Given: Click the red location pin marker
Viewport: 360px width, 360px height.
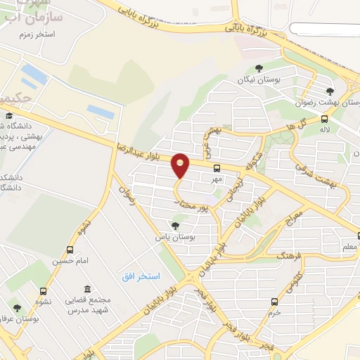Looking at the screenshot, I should pyautogui.click(x=181, y=165).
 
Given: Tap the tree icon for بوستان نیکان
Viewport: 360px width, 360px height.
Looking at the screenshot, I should pyautogui.click(x=259, y=68).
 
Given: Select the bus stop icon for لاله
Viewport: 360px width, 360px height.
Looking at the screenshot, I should pyautogui.click(x=324, y=119).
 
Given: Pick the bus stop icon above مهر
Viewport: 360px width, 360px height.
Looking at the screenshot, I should pyautogui.click(x=217, y=168).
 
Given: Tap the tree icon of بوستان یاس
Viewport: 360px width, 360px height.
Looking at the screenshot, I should pyautogui.click(x=175, y=226).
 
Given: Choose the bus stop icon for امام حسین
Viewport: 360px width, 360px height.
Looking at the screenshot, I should pyautogui.click(x=70, y=250).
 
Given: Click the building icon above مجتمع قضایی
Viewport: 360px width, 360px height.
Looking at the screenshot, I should pyautogui.click(x=86, y=290).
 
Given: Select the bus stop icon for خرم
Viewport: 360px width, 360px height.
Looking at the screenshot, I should pyautogui.click(x=275, y=302).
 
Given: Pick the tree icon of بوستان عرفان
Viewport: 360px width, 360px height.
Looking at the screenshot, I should pyautogui.click(x=17, y=308).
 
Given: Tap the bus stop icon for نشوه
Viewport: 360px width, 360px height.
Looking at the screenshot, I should pyautogui.click(x=44, y=291).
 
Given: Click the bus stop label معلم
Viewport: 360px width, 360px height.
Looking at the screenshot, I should pyautogui.click(x=349, y=248).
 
